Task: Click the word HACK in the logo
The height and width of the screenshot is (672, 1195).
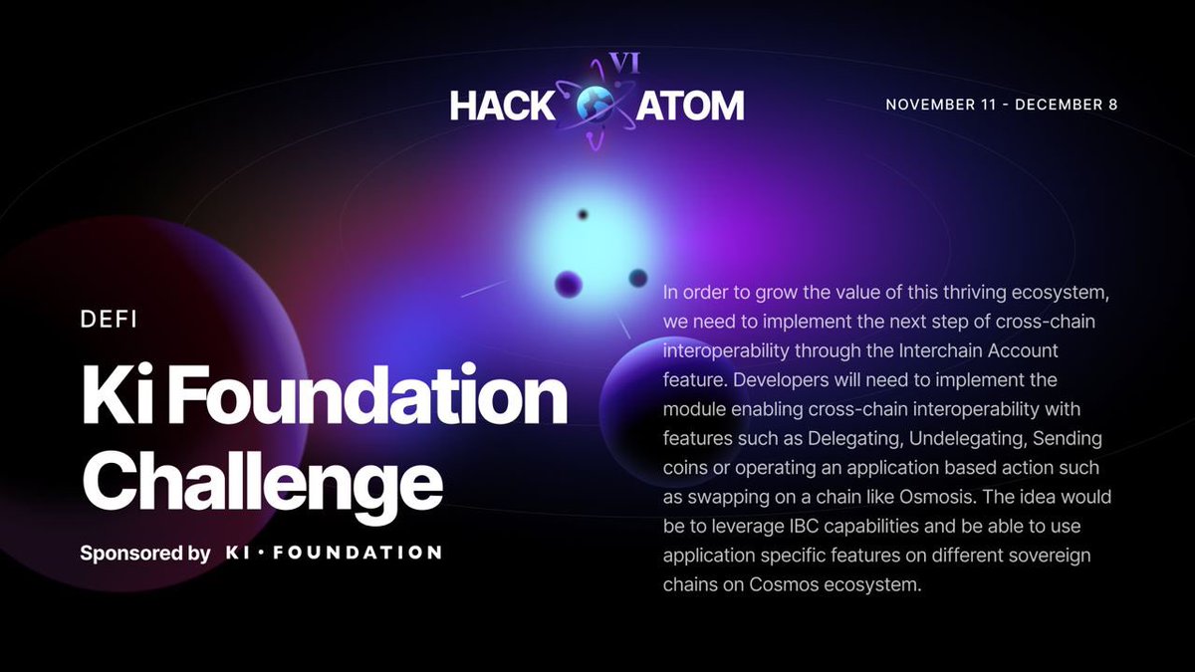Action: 500,106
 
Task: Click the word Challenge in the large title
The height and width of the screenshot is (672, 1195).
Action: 261,480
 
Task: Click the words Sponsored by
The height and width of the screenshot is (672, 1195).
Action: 145,553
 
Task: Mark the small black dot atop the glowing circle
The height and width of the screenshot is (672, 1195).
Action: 583,214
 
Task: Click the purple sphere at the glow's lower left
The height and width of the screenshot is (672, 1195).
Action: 569,285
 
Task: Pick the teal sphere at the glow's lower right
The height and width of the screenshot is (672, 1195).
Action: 638,279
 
